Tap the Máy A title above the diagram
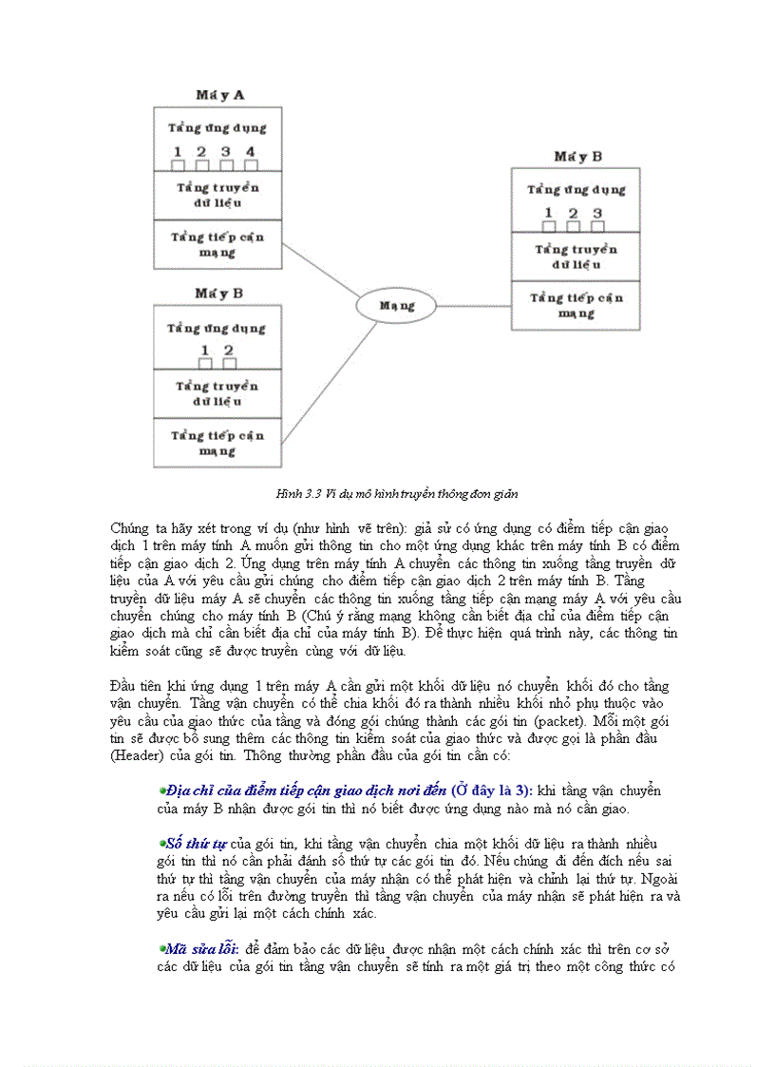219,95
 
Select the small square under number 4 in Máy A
251,165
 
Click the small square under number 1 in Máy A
178,165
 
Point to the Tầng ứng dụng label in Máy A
217,127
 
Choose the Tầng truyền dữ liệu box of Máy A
217,196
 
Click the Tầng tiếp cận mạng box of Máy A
217,244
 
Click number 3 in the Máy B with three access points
597,213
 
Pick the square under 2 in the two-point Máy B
229,363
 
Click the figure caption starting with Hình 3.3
396,494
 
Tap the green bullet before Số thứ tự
161,842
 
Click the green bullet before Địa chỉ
161,790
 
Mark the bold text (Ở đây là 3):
492,791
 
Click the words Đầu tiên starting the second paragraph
136,686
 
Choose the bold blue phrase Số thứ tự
197,843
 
